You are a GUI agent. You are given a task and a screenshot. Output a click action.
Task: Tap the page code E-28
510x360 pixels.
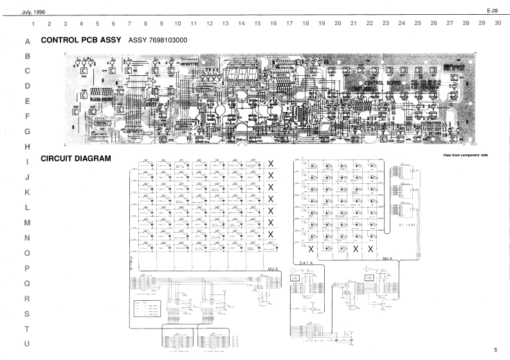pos(493,12)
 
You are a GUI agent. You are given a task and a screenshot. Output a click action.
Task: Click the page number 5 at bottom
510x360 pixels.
pos(496,350)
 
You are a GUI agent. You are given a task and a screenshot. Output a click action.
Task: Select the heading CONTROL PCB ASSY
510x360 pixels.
pos(82,40)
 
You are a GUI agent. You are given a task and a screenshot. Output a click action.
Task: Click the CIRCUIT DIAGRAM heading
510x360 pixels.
pos(76,158)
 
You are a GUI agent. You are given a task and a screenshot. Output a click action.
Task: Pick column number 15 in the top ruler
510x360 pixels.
pos(257,23)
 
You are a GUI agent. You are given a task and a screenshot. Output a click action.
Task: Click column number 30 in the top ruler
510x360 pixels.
pos(498,23)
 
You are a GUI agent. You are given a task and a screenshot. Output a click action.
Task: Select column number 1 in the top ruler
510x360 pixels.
pos(33,23)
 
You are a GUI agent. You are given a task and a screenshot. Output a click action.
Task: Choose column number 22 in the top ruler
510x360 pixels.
pos(369,23)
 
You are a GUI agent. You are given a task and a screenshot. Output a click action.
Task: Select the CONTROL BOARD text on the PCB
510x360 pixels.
pos(383,83)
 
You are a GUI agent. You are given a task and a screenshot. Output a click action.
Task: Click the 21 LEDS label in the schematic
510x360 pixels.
pos(407,226)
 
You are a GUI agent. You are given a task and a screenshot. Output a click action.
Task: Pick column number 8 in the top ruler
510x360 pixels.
pos(145,23)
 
